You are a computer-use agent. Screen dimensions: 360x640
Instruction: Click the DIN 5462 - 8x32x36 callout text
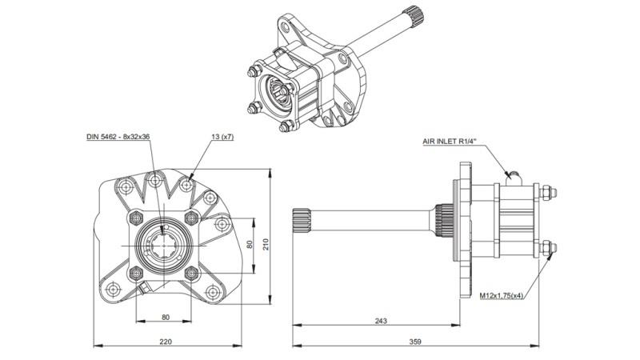pyautogui.click(x=118, y=137)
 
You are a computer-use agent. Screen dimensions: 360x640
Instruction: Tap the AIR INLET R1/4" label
pyautogui.click(x=450, y=141)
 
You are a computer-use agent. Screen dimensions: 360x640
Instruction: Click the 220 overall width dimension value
pyautogui.click(x=166, y=342)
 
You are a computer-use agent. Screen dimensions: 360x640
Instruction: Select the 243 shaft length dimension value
pyautogui.click(x=380, y=321)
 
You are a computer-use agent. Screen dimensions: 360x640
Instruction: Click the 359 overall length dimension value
pyautogui.click(x=415, y=342)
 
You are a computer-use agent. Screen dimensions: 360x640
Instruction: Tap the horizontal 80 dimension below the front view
pyautogui.click(x=166, y=317)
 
